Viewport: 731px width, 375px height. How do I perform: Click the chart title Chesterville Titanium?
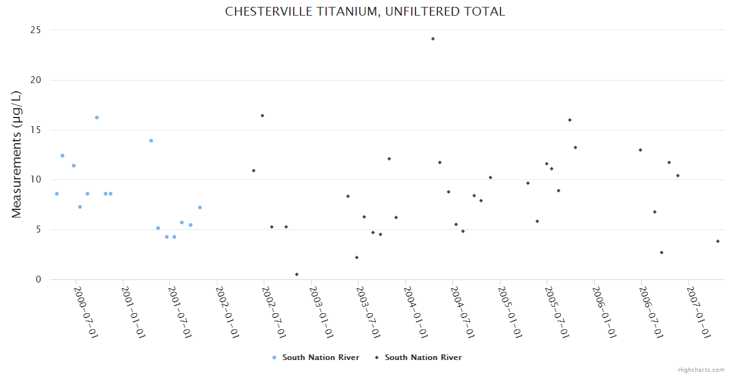[365, 11]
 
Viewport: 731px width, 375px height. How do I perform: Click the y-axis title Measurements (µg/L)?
[17, 154]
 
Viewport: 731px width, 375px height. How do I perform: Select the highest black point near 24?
[432, 39]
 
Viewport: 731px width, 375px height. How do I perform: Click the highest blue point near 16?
[97, 117]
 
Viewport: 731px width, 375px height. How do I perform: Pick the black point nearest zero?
[297, 274]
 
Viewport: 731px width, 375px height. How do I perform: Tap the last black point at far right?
[718, 241]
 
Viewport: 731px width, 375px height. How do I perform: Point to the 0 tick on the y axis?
[40, 279]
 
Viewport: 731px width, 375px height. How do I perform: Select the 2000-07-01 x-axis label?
[86, 312]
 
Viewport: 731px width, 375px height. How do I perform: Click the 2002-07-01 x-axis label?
[274, 312]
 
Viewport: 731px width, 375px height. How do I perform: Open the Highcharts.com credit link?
[701, 369]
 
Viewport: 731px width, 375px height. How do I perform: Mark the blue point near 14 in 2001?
[151, 141]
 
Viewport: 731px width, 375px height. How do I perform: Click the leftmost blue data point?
[57, 194]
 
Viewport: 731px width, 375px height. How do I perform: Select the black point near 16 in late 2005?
[570, 120]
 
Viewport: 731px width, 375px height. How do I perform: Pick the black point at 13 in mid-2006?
[640, 150]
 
